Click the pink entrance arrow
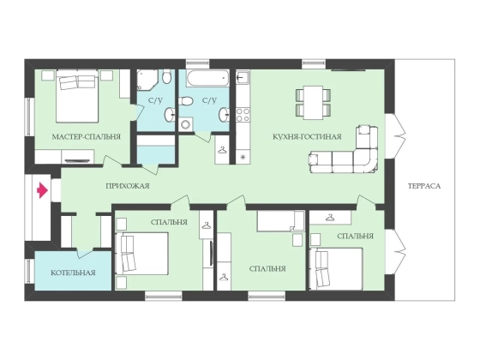[x=43, y=190]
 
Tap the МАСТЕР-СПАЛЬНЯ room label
[x=87, y=137]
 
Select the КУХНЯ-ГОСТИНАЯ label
[x=307, y=136]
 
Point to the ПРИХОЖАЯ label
[x=128, y=186]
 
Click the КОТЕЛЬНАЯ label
[x=73, y=273]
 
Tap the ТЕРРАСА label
[x=424, y=186]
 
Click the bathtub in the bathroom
[x=207, y=79]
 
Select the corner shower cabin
[x=147, y=81]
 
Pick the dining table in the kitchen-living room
[x=313, y=103]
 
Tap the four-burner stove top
[x=243, y=115]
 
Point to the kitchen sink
[x=243, y=77]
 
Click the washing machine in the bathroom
[x=185, y=124]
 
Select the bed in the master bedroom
[x=77, y=96]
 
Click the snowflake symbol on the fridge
[x=243, y=158]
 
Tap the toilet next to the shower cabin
[x=167, y=77]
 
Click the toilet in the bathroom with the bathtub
[x=185, y=101]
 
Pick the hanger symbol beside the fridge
[x=222, y=150]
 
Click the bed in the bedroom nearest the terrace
[x=336, y=268]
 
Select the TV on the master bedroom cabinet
[x=78, y=161]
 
